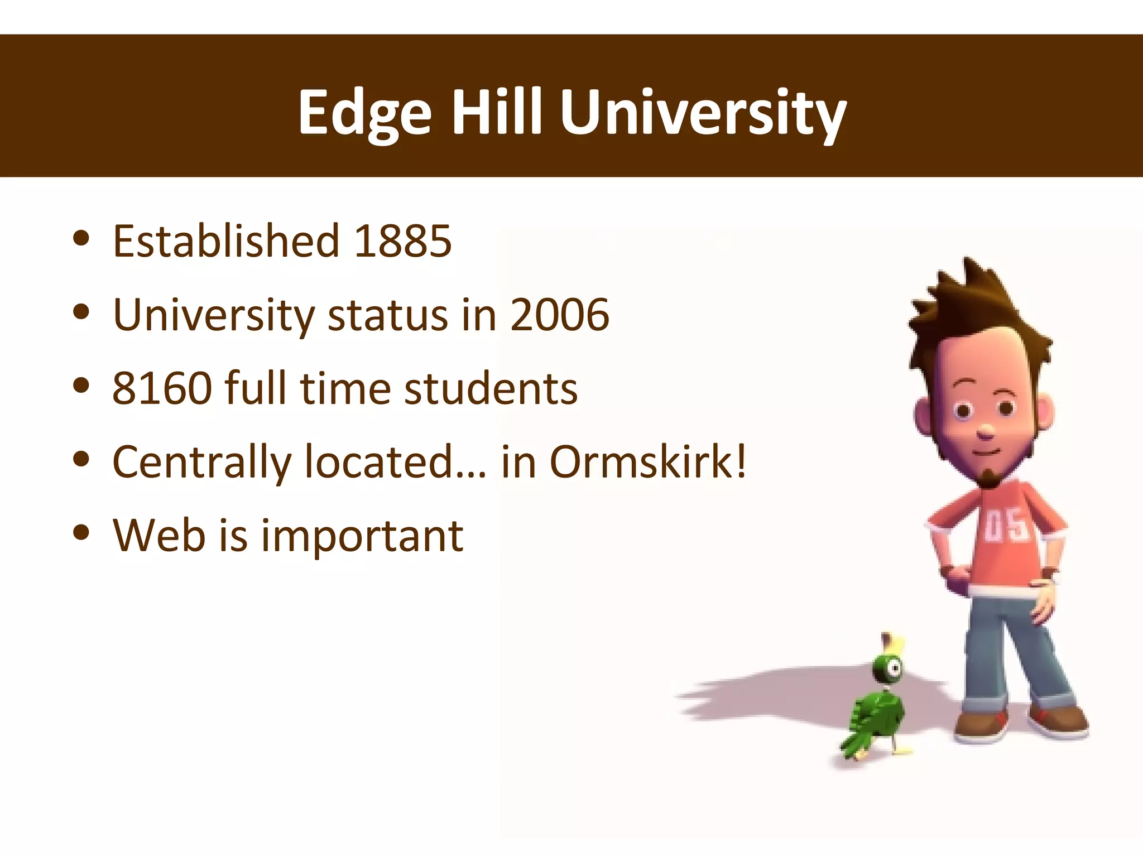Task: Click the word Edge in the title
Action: (364, 113)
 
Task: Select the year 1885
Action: (402, 241)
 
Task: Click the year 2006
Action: (559, 315)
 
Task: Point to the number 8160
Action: (162, 388)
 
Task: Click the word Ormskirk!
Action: (648, 462)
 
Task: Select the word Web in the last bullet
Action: (159, 536)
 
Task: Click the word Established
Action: (226, 241)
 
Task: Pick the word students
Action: (491, 388)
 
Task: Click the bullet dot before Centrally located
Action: (81, 459)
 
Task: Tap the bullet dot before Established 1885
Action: (81, 238)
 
